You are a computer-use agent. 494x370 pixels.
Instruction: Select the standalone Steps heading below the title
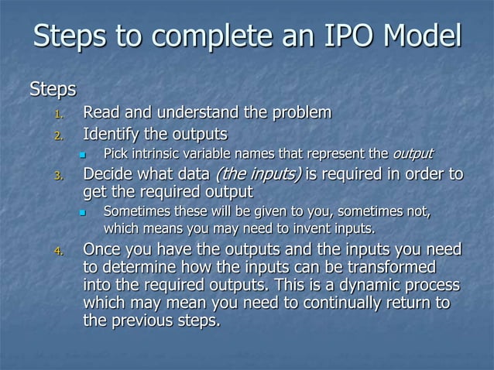(53, 90)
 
